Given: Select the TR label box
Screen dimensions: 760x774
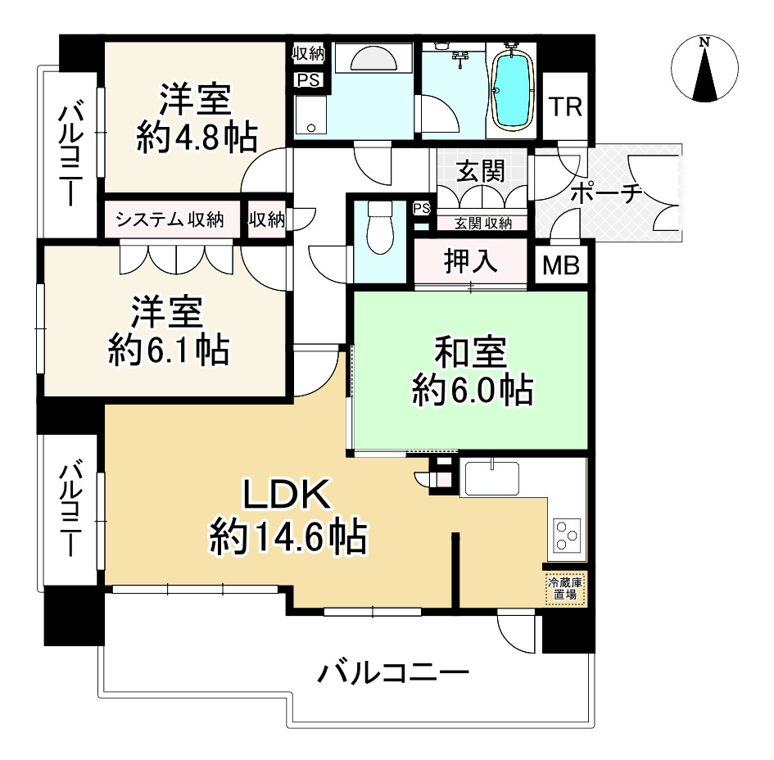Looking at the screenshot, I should [x=565, y=107].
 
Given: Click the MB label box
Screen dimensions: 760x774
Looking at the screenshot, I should [x=562, y=265].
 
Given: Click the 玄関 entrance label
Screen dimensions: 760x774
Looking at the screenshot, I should [x=480, y=172].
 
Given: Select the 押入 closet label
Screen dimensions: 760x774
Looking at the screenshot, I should [x=470, y=261].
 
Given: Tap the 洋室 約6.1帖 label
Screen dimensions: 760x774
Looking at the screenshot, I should [x=168, y=332].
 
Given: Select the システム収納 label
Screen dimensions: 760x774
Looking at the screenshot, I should [x=170, y=219].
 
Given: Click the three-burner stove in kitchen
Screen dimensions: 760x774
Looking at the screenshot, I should [x=566, y=536].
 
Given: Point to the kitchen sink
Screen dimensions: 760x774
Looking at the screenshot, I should [x=491, y=477].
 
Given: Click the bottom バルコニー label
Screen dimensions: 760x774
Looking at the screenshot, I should [x=393, y=676].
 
